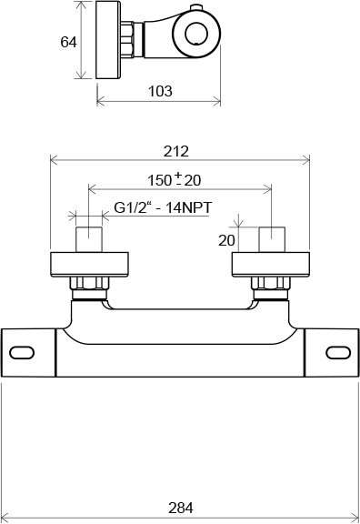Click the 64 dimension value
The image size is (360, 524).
[68, 42]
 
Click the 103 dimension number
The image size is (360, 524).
[160, 91]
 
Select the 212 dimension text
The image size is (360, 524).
[176, 151]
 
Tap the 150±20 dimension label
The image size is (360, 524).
[175, 180]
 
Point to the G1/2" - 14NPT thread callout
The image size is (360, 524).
[163, 207]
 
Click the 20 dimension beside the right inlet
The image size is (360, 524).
[226, 240]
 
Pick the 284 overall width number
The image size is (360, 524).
[181, 508]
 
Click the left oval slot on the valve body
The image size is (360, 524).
[22, 353]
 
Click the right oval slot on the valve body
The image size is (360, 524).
[338, 353]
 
